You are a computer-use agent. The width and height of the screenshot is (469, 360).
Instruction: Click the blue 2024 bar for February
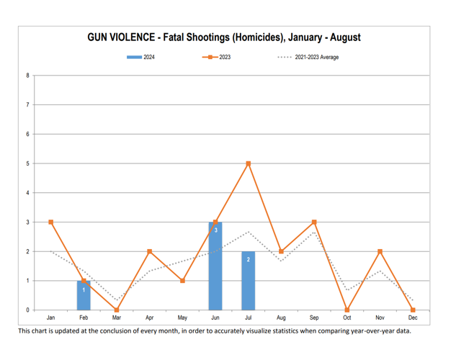pyautogui.click(x=84, y=296)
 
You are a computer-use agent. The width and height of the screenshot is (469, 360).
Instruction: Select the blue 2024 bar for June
pyautogui.click(x=215, y=266)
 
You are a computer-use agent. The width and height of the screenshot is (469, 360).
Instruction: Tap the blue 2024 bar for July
pyautogui.click(x=248, y=281)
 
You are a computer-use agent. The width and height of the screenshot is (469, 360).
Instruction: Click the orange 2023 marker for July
pyautogui.click(x=248, y=163)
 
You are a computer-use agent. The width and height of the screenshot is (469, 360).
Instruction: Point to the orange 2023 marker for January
pyautogui.click(x=50, y=222)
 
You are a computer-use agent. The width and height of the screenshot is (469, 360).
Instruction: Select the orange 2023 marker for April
pyautogui.click(x=149, y=251)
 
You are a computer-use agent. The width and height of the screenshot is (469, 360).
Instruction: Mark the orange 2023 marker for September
pyautogui.click(x=314, y=222)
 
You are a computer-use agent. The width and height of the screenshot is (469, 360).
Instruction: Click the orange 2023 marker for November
pyautogui.click(x=380, y=251)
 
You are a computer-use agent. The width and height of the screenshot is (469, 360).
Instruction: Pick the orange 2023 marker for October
pyautogui.click(x=347, y=310)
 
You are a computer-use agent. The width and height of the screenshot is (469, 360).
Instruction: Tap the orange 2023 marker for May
pyautogui.click(x=182, y=281)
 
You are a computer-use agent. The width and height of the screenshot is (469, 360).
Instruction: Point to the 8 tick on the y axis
pyautogui.click(x=27, y=76)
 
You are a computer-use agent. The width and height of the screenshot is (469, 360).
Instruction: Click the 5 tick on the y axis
pyautogui.click(x=27, y=163)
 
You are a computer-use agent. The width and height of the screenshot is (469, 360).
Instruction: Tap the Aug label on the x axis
pyautogui.click(x=281, y=318)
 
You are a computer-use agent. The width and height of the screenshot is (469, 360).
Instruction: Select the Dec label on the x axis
pyautogui.click(x=413, y=318)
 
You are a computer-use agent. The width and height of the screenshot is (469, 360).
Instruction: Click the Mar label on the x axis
pyautogui.click(x=117, y=318)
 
